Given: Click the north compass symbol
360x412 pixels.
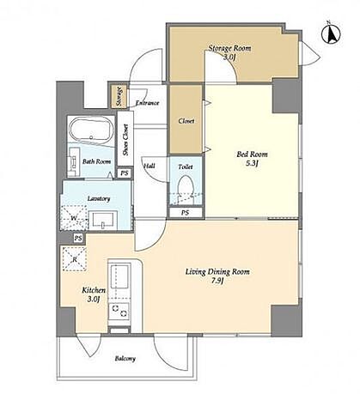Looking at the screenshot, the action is (331, 33).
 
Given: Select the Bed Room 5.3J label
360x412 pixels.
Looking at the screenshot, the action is (252, 159).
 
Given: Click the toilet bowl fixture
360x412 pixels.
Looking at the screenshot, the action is (186, 189).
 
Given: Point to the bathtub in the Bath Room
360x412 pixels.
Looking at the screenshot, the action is (91, 130).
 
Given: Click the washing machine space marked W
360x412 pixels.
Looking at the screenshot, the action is (73, 218).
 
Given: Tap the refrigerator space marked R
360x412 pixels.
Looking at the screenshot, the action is (75, 259).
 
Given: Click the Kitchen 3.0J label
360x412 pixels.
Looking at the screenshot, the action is (94, 294).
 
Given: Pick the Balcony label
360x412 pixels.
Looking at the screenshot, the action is (125, 359).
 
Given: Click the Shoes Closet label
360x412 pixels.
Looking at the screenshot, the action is (125, 140).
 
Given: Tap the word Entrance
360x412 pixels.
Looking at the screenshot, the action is (147, 103).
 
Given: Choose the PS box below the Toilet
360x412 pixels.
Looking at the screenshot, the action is (186, 213).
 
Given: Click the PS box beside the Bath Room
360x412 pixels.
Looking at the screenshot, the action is (125, 173).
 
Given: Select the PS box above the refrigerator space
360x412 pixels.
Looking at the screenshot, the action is (78, 238).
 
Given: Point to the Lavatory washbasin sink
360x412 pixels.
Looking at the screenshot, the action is (103, 220).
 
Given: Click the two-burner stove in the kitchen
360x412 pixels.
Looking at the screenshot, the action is (119, 312).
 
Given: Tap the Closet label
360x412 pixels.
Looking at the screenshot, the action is (186, 121).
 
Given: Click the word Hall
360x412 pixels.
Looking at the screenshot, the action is (149, 166).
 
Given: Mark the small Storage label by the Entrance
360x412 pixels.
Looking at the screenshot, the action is (119, 96).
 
